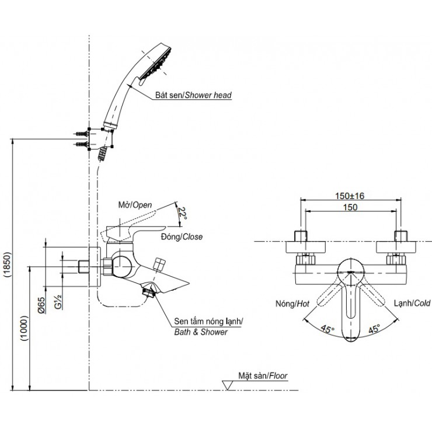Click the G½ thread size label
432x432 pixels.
57,304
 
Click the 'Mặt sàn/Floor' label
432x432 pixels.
263,377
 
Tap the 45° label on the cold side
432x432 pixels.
375,328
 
